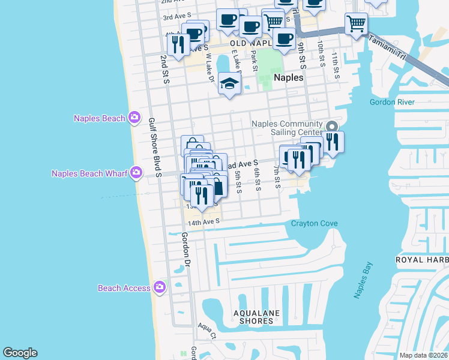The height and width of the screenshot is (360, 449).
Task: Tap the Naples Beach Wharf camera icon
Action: (x=136, y=173)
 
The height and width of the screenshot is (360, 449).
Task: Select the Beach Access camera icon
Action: (x=159, y=288)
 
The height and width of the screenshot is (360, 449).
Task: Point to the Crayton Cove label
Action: (x=314, y=224)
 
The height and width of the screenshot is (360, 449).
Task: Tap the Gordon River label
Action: (x=392, y=102)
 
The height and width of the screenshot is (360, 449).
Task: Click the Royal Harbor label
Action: (x=421, y=260)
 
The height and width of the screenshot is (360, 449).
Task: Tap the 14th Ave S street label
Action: (x=204, y=222)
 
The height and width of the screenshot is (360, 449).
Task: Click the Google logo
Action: (x=20, y=353)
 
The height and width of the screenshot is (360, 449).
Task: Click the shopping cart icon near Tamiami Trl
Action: (x=356, y=24)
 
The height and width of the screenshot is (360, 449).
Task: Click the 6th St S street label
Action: (x=256, y=180)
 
